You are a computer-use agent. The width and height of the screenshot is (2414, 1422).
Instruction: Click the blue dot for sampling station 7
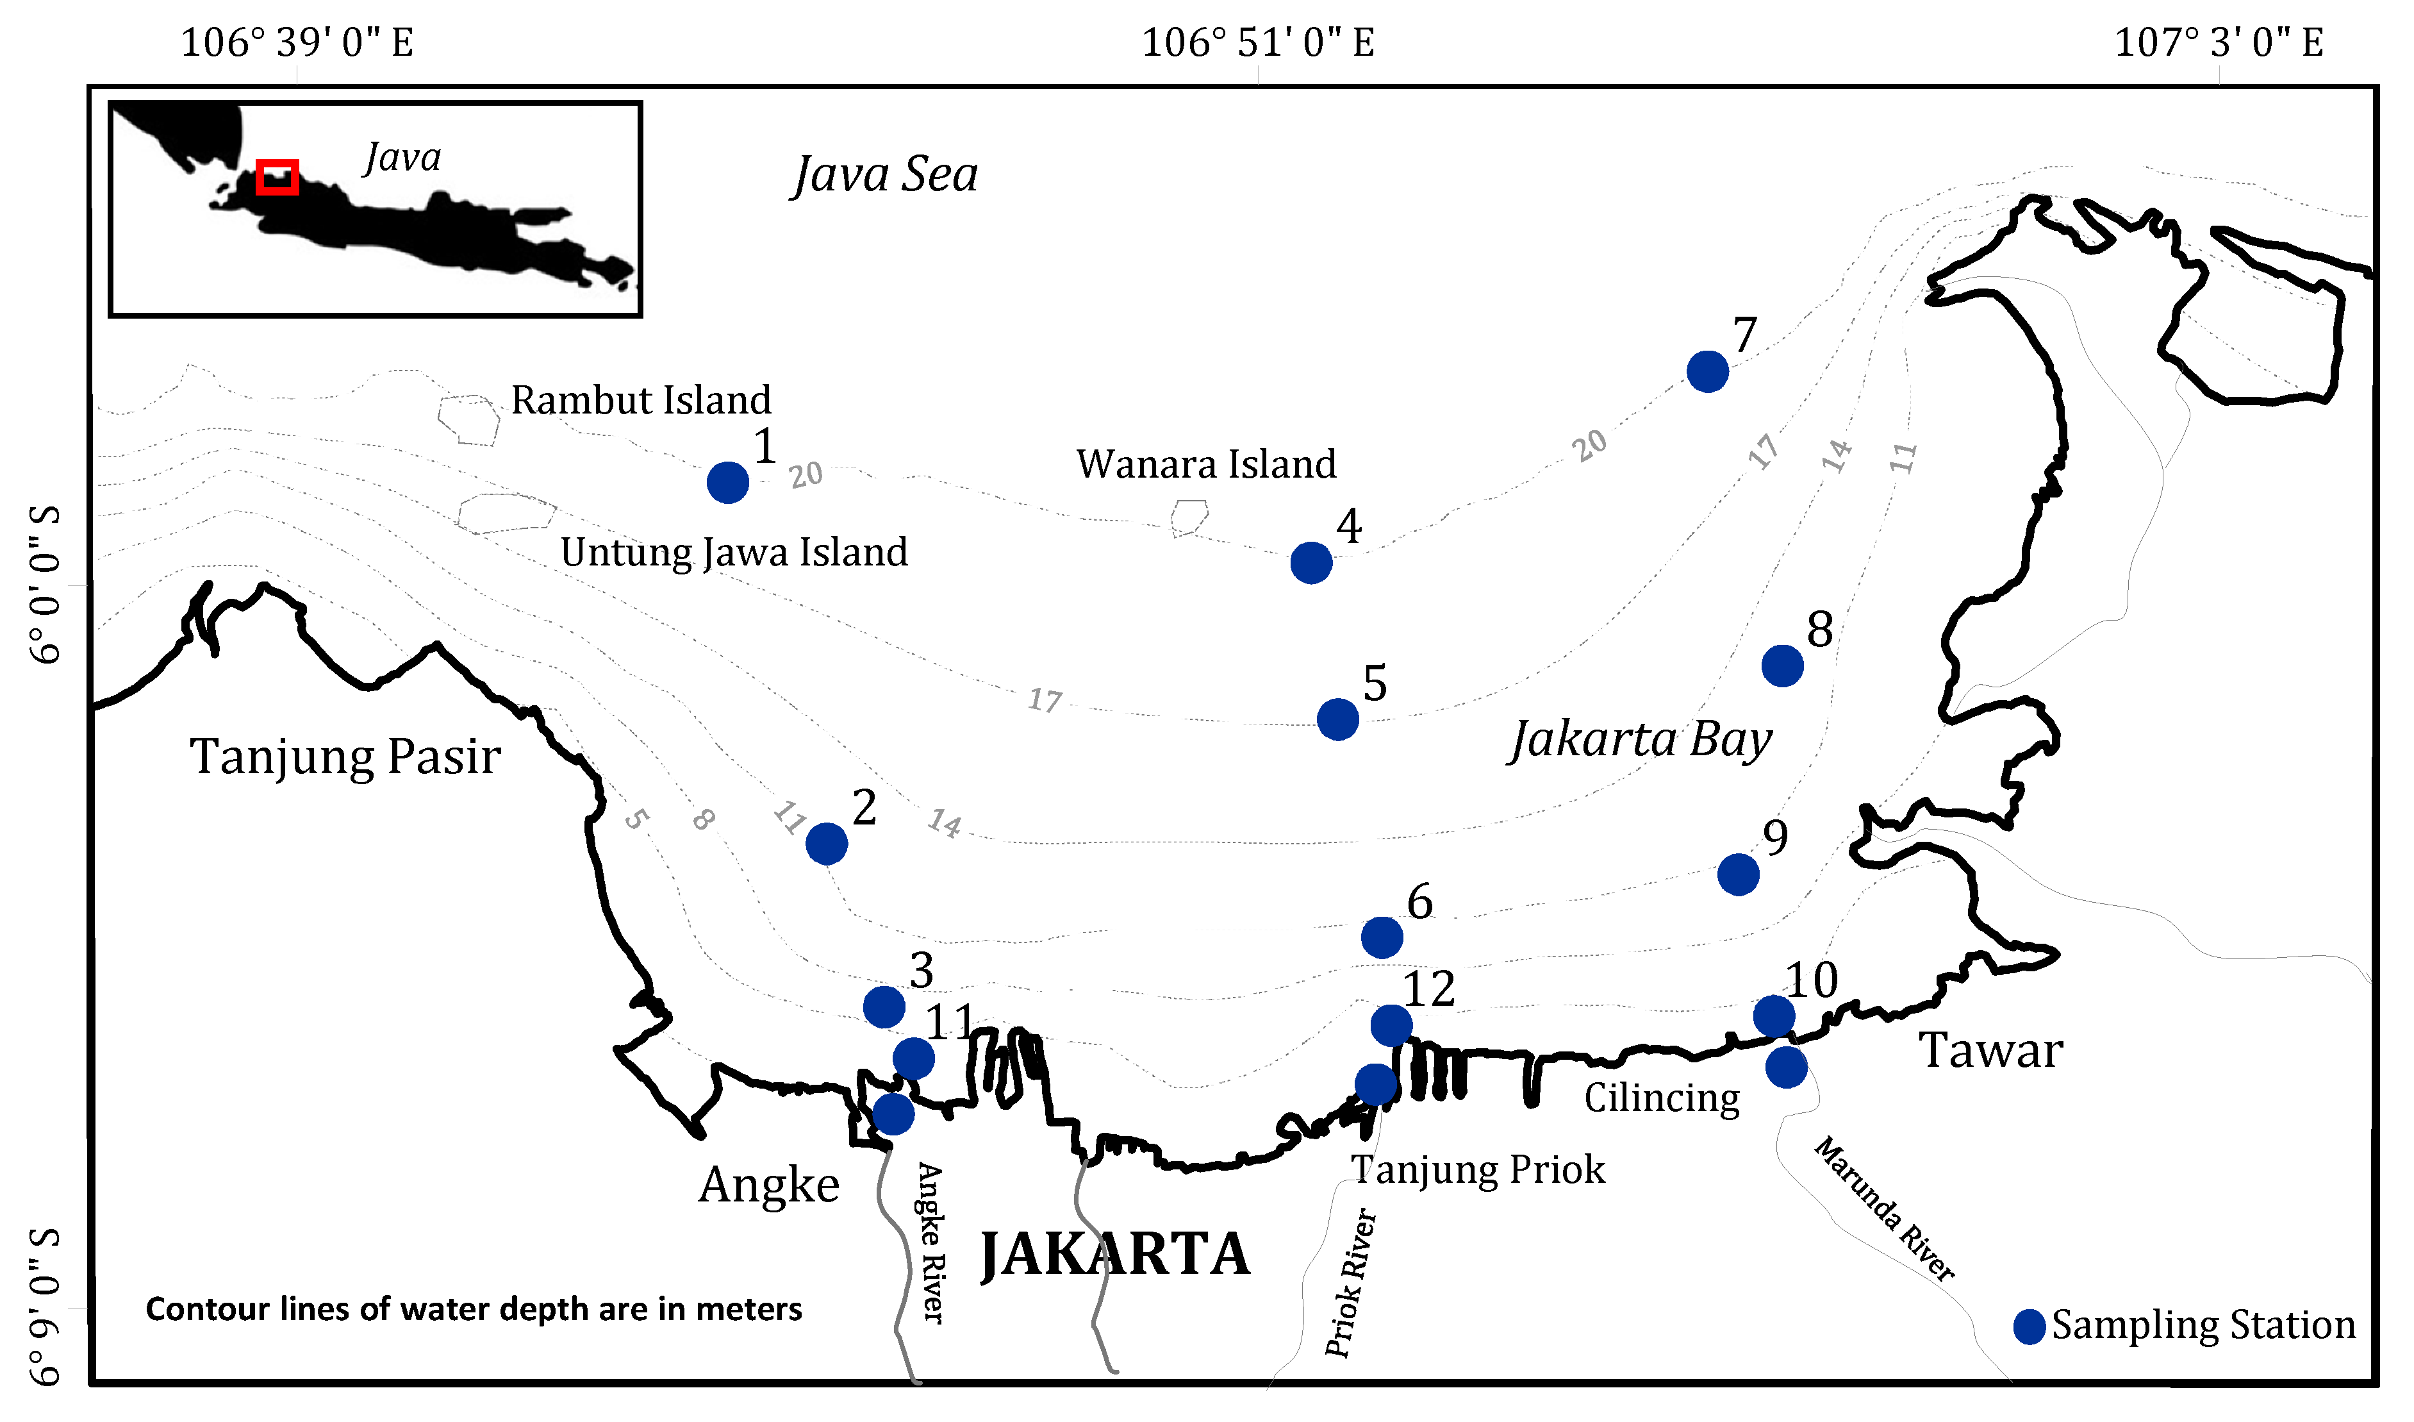(1707, 372)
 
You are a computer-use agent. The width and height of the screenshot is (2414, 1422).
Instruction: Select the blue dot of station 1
(728, 482)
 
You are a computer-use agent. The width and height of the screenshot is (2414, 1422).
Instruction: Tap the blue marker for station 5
(1337, 719)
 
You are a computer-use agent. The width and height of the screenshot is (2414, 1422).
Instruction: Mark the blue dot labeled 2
(826, 843)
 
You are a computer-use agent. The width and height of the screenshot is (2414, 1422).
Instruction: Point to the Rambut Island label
(640, 399)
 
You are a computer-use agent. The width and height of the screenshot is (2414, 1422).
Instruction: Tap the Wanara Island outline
(1189, 517)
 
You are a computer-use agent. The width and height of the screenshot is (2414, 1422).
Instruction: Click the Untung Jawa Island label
(734, 552)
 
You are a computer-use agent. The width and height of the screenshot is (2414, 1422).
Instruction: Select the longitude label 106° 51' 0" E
(1258, 42)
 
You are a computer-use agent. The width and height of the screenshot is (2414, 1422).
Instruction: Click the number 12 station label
(1428, 988)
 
